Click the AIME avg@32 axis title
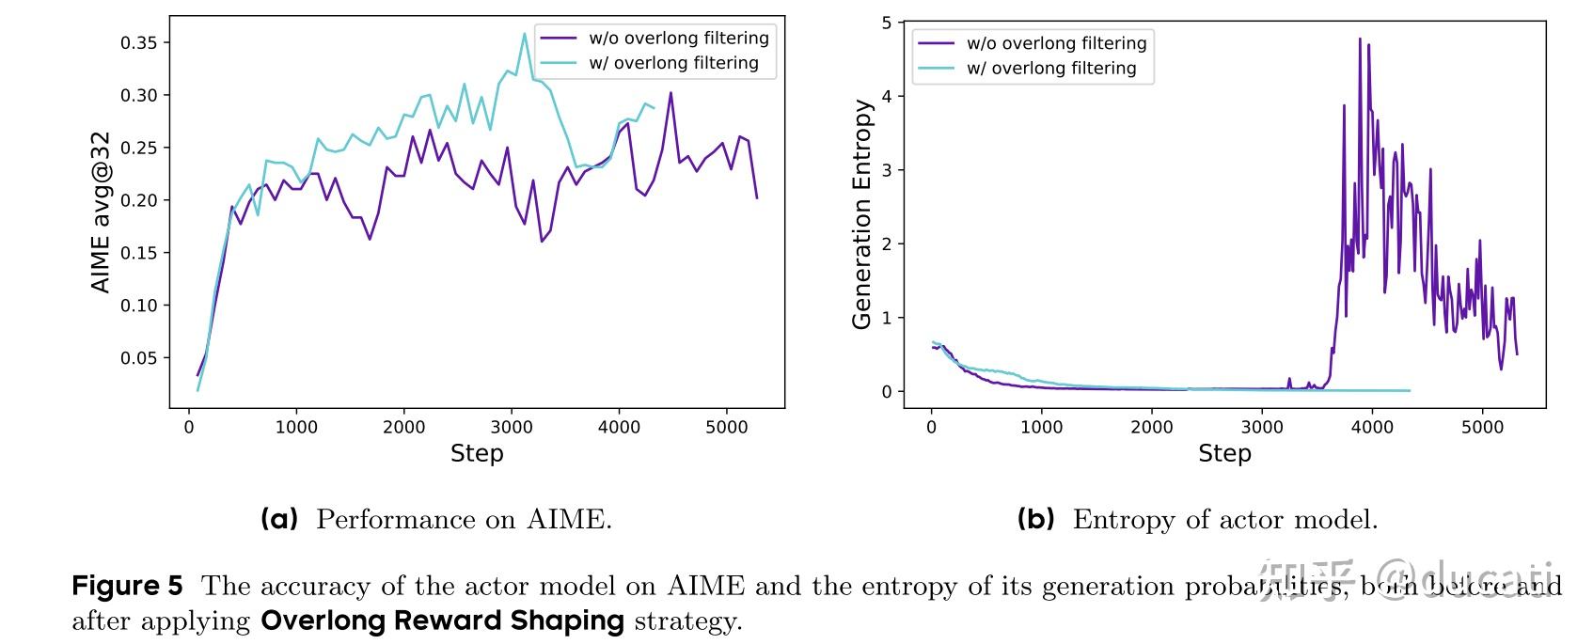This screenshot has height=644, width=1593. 102,212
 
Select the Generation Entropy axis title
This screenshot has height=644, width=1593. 861,214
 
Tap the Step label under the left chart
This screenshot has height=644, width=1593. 477,453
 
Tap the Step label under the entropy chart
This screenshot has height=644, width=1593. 1224,453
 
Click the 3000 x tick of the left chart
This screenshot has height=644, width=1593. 512,427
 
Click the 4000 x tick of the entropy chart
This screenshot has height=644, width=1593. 1372,427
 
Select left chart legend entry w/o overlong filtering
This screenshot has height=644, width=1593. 678,39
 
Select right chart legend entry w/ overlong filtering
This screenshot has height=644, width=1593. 1050,68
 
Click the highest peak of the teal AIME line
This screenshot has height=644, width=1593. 525,34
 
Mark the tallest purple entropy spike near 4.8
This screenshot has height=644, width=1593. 1360,39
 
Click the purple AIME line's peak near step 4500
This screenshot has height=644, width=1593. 670,92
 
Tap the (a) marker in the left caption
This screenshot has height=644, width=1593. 279,519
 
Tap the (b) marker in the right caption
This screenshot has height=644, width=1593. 1036,519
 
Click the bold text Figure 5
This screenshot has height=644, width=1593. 127,587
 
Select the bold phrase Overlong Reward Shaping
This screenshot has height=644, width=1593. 442,621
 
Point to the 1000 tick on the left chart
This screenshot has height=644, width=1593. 296,427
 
